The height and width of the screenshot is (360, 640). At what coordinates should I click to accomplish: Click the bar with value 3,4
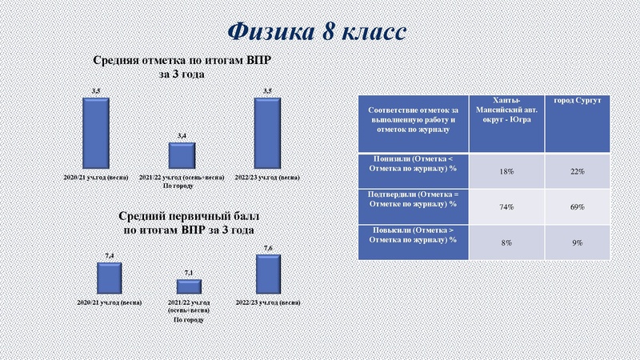[x=182, y=155]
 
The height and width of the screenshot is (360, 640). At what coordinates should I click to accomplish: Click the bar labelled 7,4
[x=109, y=278]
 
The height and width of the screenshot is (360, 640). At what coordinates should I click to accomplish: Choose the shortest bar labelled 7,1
[x=189, y=286]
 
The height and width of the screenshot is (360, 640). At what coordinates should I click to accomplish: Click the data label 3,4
[x=182, y=137]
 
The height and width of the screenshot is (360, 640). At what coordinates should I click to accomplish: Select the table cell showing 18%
[x=506, y=171]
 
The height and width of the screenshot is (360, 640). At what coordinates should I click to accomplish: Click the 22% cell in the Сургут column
[x=578, y=171]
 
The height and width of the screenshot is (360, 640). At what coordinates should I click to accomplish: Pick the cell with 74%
[x=506, y=206]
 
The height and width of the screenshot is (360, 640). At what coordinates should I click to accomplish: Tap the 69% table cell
[x=578, y=206]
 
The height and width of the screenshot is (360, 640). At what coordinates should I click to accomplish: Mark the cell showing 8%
[x=506, y=242]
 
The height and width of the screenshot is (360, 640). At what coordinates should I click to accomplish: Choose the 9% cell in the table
[x=578, y=242]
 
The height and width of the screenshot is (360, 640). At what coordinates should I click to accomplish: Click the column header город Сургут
[x=578, y=99]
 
